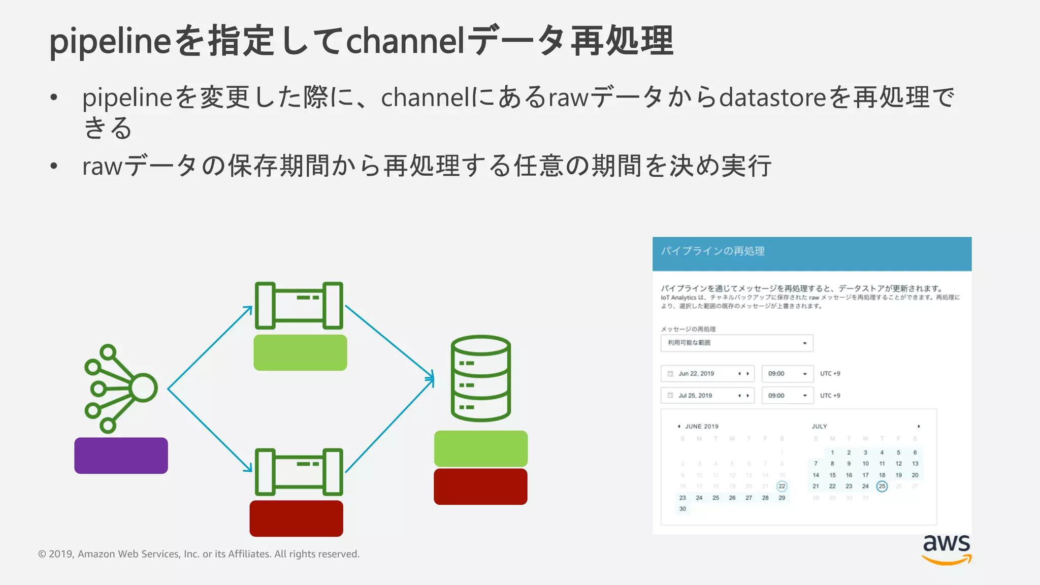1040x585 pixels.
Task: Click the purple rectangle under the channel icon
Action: pyautogui.click(x=121, y=456)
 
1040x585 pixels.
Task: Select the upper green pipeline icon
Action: pyautogui.click(x=299, y=306)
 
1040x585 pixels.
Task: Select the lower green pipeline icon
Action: pyautogui.click(x=299, y=472)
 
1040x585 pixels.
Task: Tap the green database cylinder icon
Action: pyautogui.click(x=480, y=378)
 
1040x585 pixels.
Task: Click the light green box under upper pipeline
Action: pyautogui.click(x=300, y=352)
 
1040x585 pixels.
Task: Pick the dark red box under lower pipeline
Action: pyautogui.click(x=296, y=518)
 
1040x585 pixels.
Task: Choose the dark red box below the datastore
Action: pyautogui.click(x=480, y=486)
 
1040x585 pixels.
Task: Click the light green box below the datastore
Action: pyautogui.click(x=480, y=448)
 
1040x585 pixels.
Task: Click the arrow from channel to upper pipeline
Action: pyautogui.click(x=209, y=348)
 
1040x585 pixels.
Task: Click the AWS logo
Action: pyautogui.click(x=946, y=548)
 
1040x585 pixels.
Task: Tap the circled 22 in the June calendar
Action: pyautogui.click(x=782, y=486)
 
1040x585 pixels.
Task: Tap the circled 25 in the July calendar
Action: pyautogui.click(x=882, y=486)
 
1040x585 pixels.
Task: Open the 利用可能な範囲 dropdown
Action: pyautogui.click(x=736, y=343)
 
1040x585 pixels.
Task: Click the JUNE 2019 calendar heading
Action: pyautogui.click(x=701, y=427)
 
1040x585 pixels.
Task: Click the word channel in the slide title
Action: pyautogui.click(x=405, y=41)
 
